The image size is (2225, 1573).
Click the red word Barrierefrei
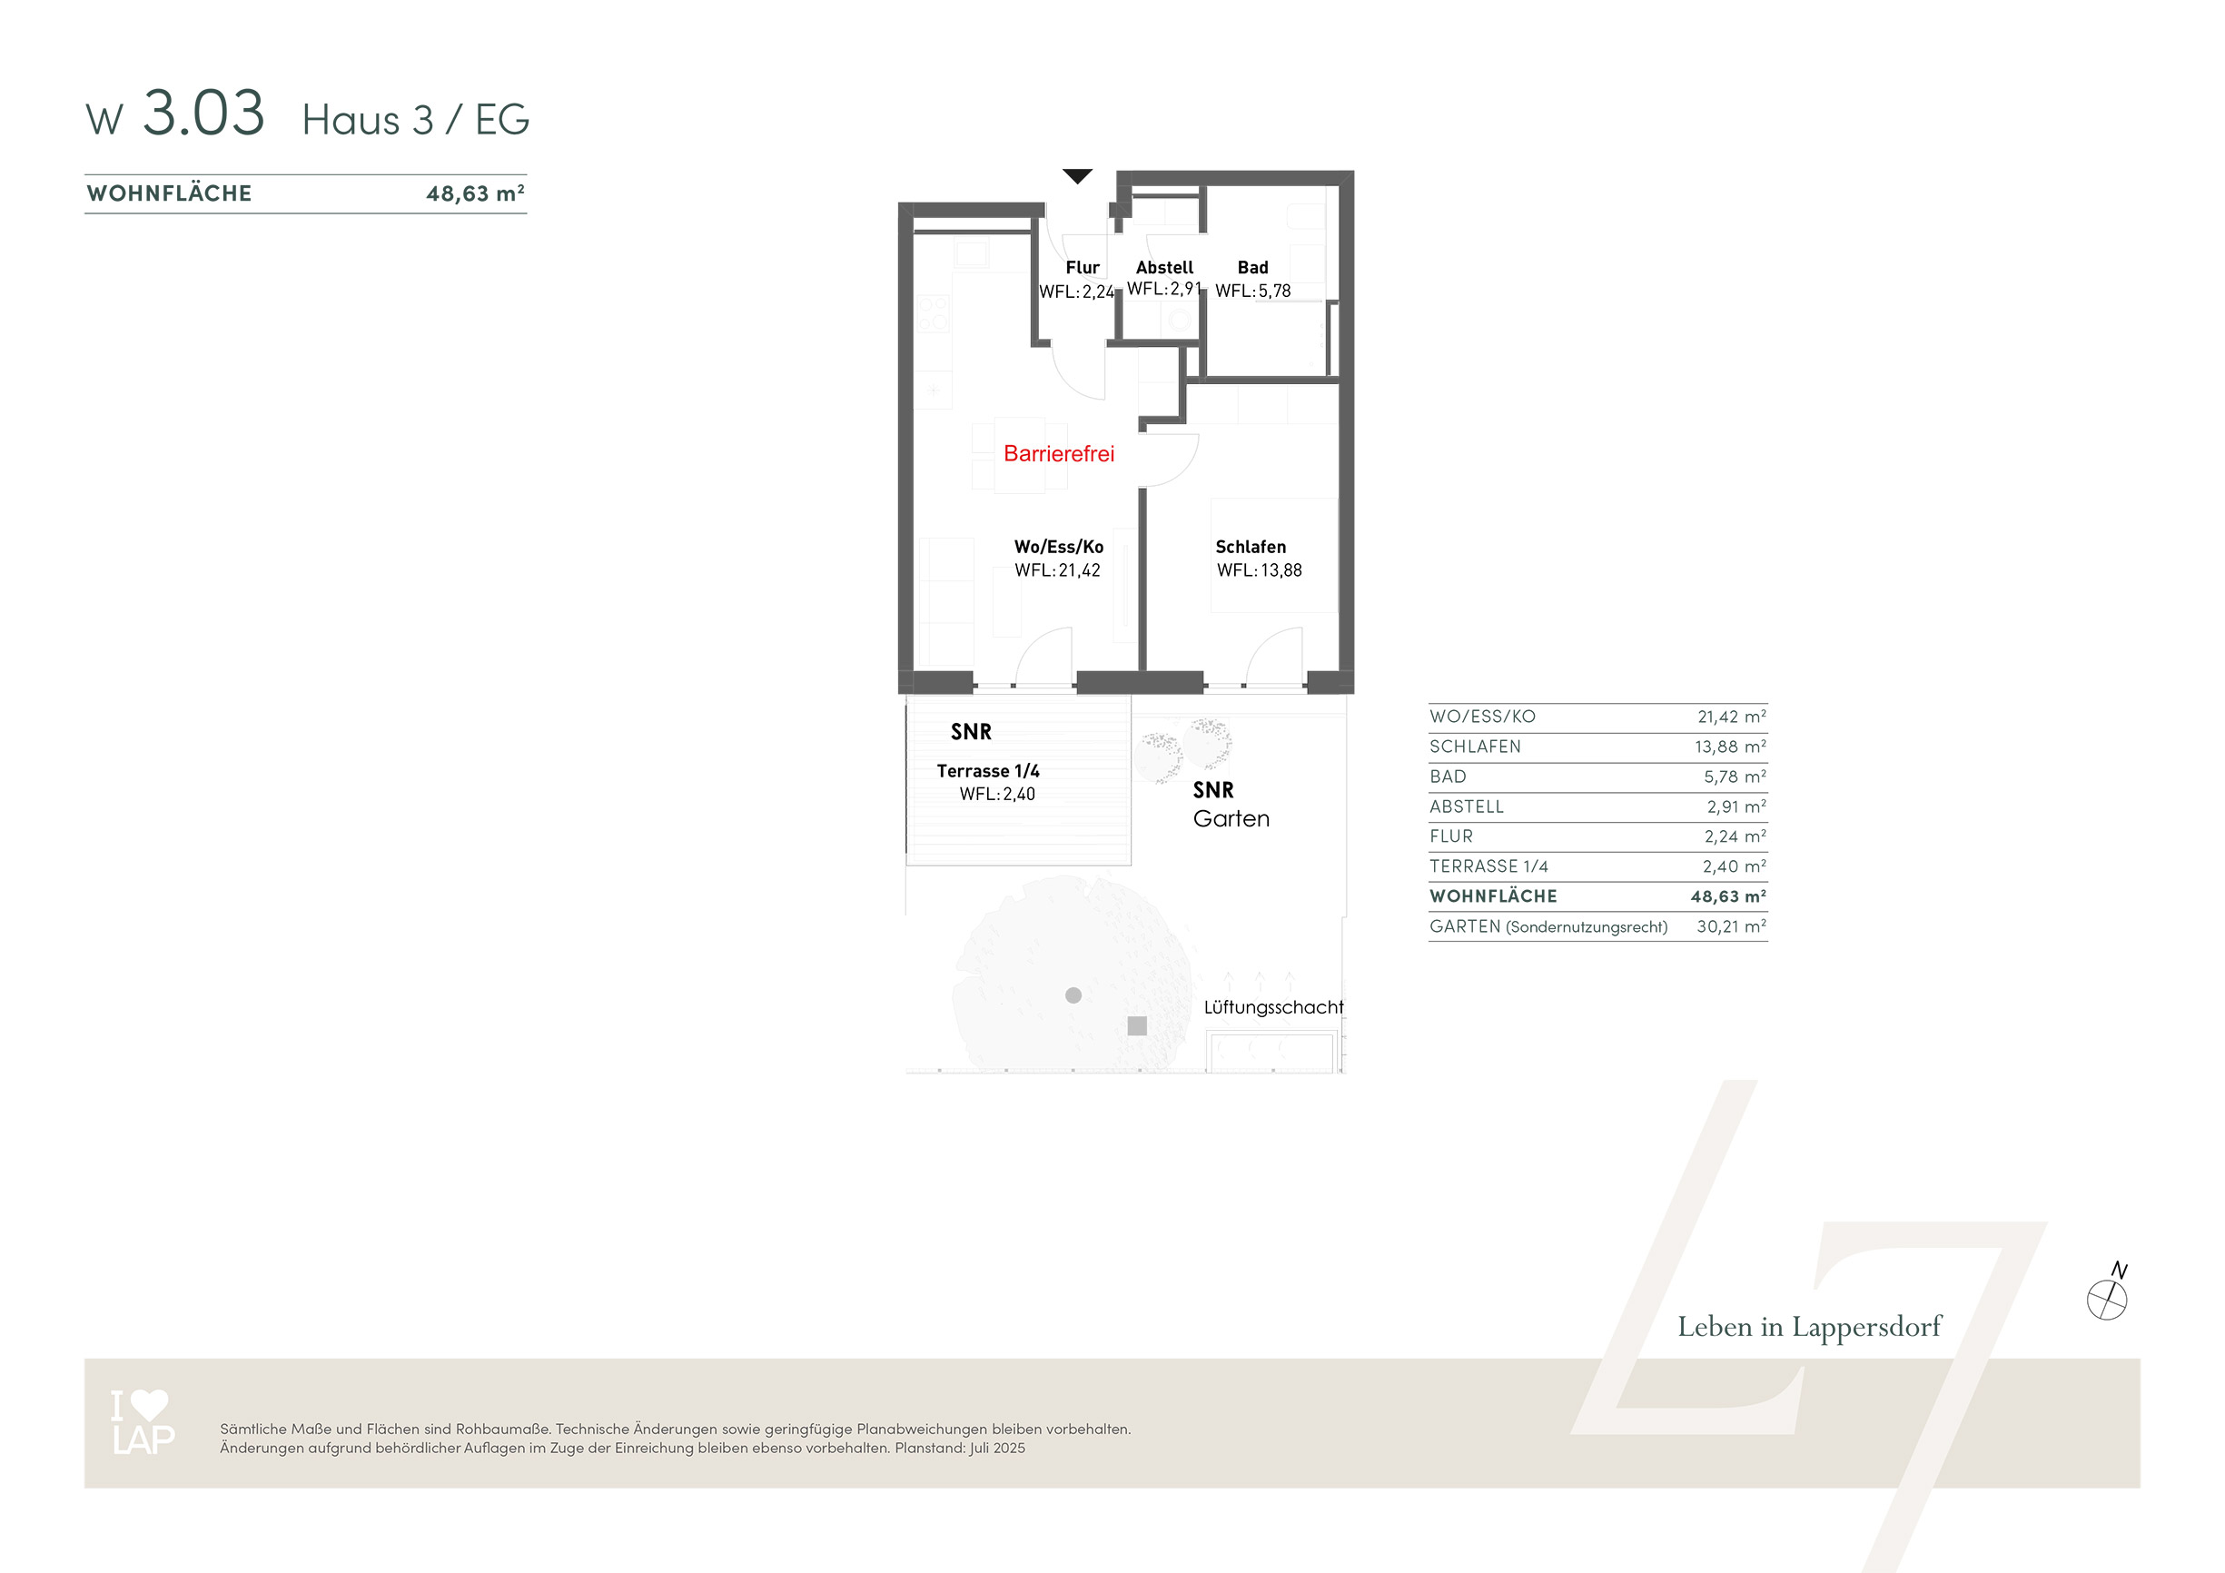(1058, 453)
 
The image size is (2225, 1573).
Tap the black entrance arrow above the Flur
(1077, 175)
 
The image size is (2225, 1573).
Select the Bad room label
(1252, 268)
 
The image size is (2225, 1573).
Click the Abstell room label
(1164, 268)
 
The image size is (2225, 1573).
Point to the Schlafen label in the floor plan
(1251, 547)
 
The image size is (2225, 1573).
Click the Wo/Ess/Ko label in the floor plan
(1058, 547)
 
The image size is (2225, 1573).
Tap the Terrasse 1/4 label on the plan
(987, 770)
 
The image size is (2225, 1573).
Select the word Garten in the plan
(1231, 819)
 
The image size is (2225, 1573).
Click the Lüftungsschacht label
(1273, 1007)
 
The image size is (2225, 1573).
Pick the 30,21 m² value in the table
(1731, 926)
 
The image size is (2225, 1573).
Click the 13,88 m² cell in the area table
(1730, 747)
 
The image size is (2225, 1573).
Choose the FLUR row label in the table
(1450, 836)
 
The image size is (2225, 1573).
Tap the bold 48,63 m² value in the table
(1728, 896)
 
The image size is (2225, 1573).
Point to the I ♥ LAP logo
(143, 1422)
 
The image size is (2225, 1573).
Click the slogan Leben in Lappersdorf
(1809, 1327)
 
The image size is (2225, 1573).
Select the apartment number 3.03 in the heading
(203, 114)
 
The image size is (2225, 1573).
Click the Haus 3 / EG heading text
(416, 120)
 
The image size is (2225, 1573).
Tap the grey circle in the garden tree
(1073, 995)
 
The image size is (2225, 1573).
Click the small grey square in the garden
(1137, 1025)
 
